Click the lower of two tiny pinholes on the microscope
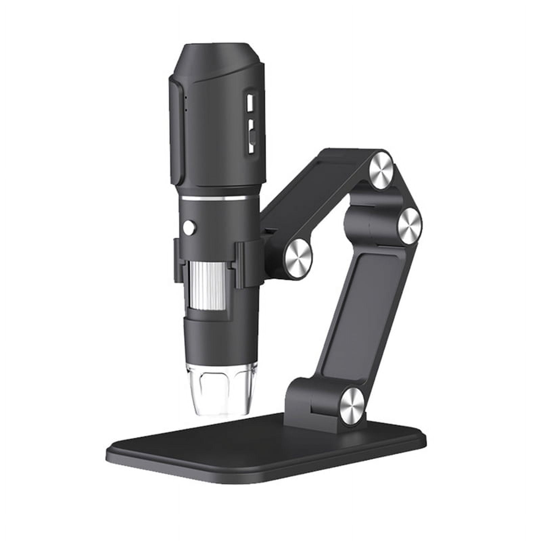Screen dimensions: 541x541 pos(186,110)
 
